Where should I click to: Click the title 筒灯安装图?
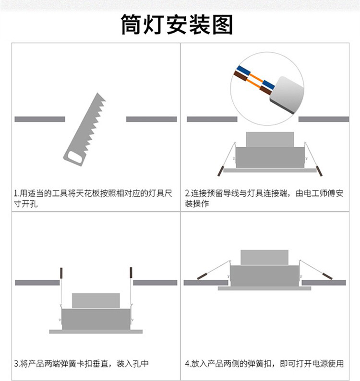[x=177, y=24]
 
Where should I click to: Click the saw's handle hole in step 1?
[x=74, y=157]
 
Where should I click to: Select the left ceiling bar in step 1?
[x=40, y=119]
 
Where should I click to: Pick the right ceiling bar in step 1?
[x=151, y=119]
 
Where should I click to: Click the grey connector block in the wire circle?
[x=287, y=95]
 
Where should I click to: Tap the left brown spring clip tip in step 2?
[x=220, y=171]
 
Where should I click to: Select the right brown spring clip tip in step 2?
[x=319, y=171]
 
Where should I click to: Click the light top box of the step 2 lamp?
[x=270, y=140]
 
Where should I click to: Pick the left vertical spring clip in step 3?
[x=61, y=273]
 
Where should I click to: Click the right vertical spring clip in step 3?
[x=131, y=273]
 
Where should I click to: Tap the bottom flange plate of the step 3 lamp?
[x=96, y=332]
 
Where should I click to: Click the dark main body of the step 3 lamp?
[x=96, y=319]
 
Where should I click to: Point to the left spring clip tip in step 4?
[x=202, y=276]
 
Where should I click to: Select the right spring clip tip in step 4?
[x=327, y=276]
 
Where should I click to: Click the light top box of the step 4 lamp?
[x=264, y=257]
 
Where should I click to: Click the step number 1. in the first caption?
[x=16, y=194]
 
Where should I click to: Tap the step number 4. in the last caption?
[x=188, y=364]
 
